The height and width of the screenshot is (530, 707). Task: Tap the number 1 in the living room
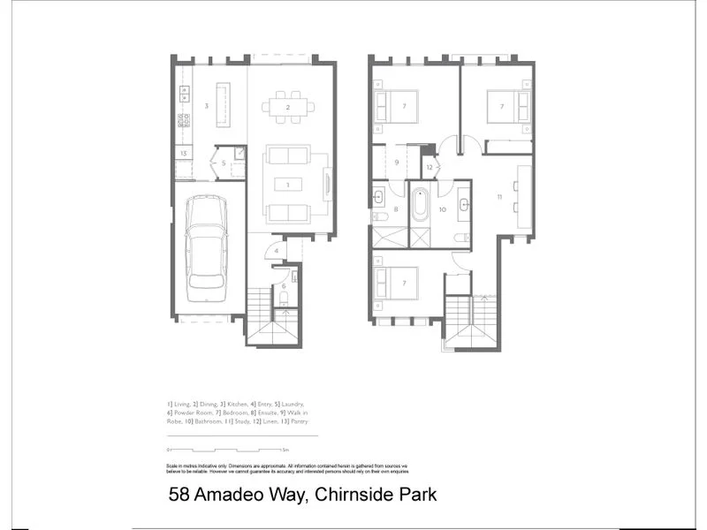click(x=288, y=185)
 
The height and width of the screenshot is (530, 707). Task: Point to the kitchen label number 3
click(x=206, y=106)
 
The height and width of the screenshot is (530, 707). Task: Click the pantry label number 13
click(x=183, y=153)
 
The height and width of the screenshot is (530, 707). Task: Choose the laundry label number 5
click(x=224, y=163)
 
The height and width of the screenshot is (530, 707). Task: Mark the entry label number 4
click(x=277, y=252)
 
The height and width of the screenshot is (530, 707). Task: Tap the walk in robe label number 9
click(x=397, y=163)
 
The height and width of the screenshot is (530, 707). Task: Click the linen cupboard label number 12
click(x=429, y=165)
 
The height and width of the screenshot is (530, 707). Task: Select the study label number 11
click(x=499, y=196)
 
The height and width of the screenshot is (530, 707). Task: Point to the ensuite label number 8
click(x=396, y=209)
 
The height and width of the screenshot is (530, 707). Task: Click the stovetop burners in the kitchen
click(x=185, y=119)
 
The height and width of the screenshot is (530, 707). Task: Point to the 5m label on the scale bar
click(x=312, y=451)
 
